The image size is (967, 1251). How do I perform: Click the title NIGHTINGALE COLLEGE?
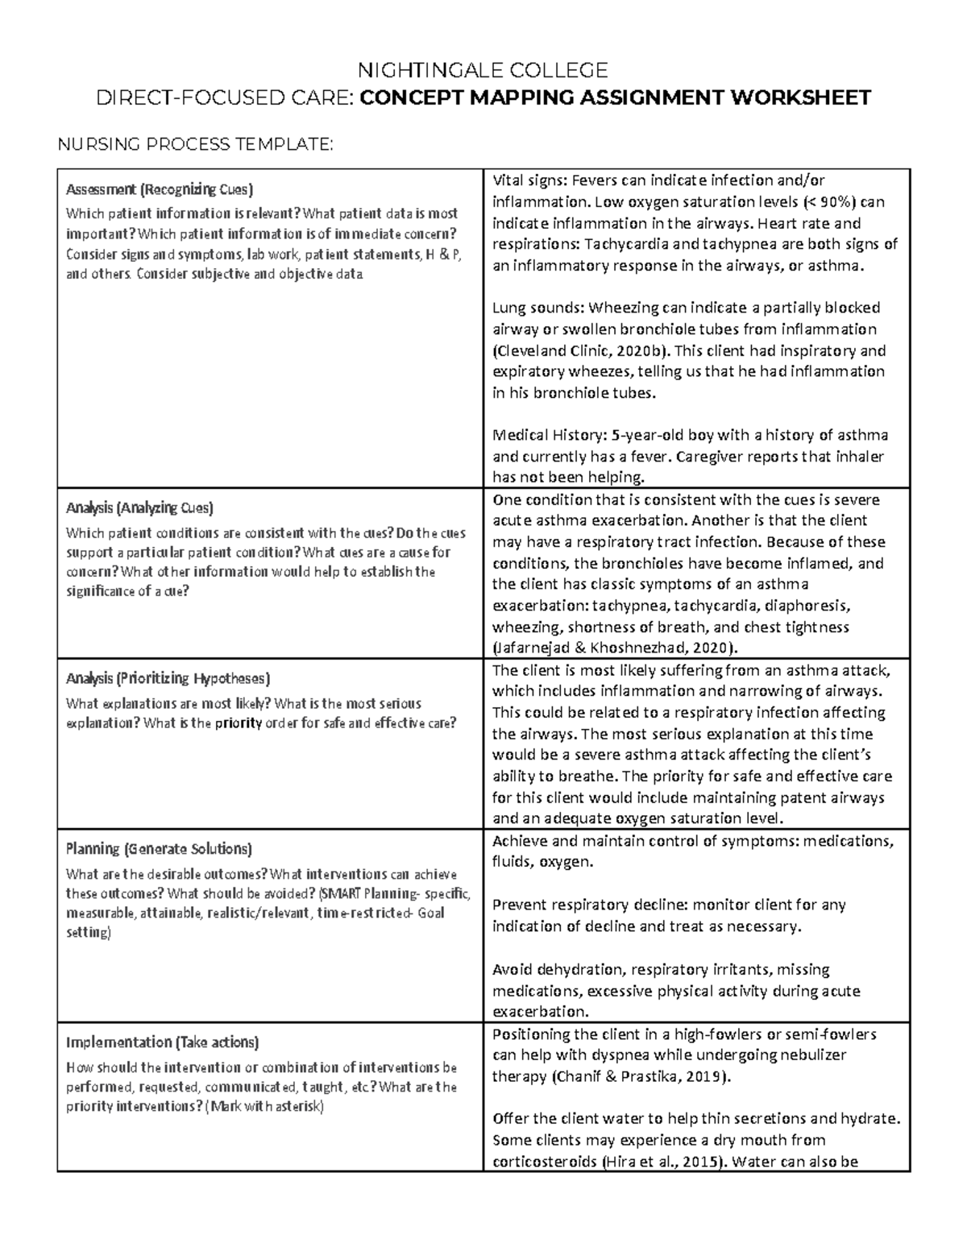[x=483, y=69]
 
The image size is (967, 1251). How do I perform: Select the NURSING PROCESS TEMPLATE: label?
[x=194, y=144]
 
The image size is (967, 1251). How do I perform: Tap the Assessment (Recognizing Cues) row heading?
[x=160, y=190]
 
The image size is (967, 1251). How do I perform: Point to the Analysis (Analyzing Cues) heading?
[x=139, y=508]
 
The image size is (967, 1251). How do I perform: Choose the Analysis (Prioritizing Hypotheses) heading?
[x=168, y=678]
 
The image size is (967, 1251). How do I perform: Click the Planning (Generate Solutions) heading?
[x=159, y=849]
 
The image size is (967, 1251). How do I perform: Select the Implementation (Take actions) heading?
[x=162, y=1042]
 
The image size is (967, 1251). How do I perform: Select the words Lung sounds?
[x=539, y=308]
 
